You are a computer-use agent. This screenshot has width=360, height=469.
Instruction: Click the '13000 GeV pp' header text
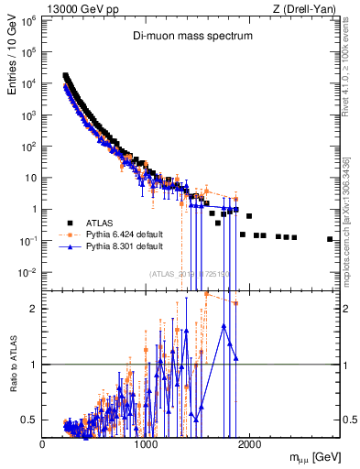[x=71, y=8]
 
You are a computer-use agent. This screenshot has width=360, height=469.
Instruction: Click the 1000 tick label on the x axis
[x=146, y=444]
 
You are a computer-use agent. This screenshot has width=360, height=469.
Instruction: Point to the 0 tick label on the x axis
[x=42, y=444]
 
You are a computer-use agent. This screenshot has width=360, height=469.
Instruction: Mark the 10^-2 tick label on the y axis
[x=28, y=272]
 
